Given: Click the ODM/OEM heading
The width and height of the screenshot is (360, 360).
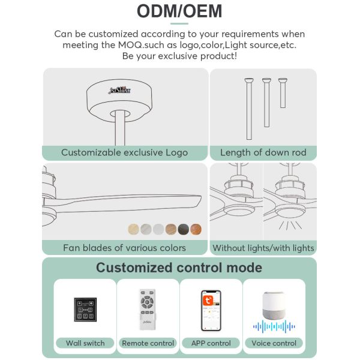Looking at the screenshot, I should [x=179, y=11].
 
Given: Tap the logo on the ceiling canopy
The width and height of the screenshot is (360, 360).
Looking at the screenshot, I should [x=119, y=90].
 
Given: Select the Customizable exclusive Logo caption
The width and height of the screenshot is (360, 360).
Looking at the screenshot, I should [x=124, y=152].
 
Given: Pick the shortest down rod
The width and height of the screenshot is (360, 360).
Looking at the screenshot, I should [x=283, y=92].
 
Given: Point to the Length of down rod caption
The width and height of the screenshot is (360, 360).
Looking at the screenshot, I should [x=263, y=152].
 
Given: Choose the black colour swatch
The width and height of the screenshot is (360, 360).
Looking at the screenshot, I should [x=183, y=229].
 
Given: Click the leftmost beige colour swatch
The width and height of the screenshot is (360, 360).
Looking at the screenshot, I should [x=133, y=229].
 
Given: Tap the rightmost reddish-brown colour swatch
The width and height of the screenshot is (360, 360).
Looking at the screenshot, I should [x=196, y=229].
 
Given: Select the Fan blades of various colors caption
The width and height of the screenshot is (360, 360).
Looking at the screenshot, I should [x=124, y=247].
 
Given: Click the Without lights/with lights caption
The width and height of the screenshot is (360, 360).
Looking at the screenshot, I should [x=263, y=247].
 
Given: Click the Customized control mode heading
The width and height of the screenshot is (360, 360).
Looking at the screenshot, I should [x=179, y=268].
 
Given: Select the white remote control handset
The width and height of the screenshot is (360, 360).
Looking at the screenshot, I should [x=148, y=310].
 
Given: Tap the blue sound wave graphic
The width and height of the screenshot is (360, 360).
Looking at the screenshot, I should [x=274, y=327].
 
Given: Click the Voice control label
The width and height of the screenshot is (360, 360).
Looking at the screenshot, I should [x=274, y=343].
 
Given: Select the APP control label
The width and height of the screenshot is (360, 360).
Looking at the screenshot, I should [x=211, y=343].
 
